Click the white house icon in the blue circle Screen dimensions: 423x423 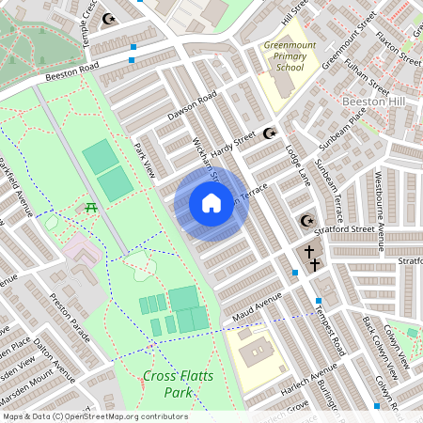[x=211, y=203]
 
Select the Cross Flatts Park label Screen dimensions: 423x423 [x=173, y=383]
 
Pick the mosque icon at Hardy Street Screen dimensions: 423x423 [x=274, y=133]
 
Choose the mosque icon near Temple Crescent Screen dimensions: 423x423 [x=109, y=18]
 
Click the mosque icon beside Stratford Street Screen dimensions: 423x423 [x=306, y=221]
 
